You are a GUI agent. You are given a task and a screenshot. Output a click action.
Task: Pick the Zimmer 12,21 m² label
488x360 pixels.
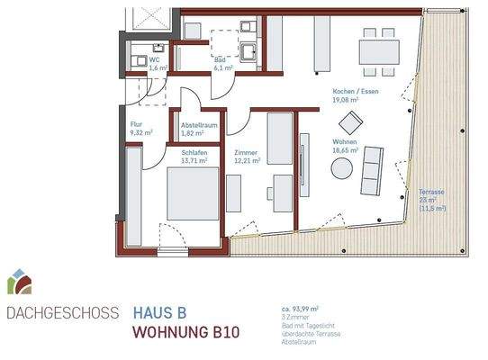click(246, 157)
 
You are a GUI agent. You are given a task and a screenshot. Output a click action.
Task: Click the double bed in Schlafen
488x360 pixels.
click(193, 195)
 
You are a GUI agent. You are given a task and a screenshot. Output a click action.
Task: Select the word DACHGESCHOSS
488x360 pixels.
click(61, 314)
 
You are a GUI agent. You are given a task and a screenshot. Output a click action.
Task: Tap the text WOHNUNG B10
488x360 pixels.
click(185, 332)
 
